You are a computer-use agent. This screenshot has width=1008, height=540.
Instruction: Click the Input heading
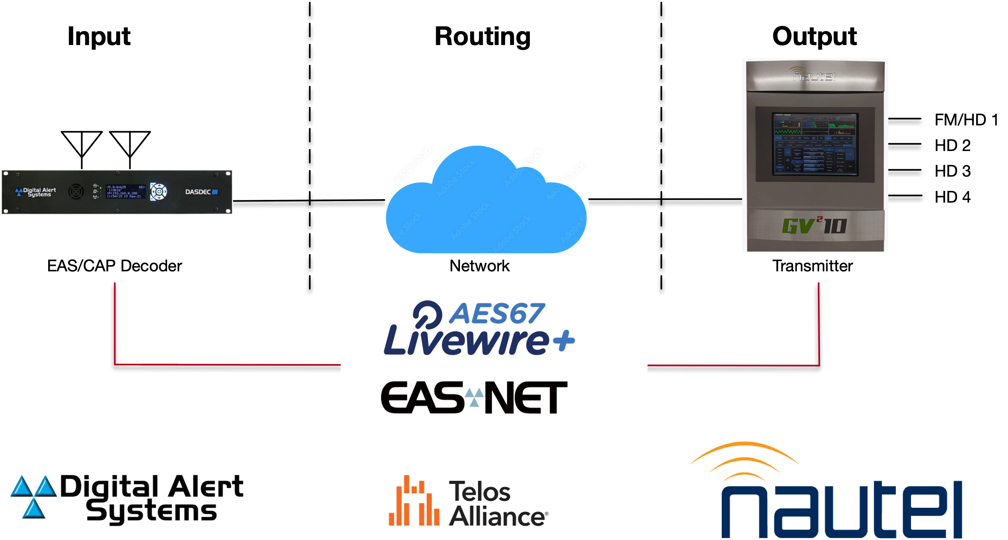pyautogui.click(x=99, y=36)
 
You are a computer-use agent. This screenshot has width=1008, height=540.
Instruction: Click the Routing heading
pyautogui.click(x=482, y=36)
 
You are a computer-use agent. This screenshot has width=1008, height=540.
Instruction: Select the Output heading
pyautogui.click(x=814, y=36)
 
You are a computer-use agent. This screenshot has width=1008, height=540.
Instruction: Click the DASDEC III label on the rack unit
pyautogui.click(x=201, y=192)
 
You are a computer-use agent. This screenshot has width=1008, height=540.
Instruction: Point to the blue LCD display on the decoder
pyautogui.click(x=125, y=192)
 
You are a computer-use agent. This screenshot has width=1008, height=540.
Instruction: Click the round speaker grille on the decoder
pyautogui.click(x=76, y=192)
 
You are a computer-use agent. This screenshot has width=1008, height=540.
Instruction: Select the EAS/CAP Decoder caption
pyautogui.click(x=114, y=266)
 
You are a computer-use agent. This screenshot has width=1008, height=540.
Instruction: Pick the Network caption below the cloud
pyautogui.click(x=479, y=266)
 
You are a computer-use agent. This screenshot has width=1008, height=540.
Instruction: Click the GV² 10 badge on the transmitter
pyautogui.click(x=814, y=226)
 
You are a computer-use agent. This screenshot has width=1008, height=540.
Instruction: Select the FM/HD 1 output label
pyautogui.click(x=966, y=120)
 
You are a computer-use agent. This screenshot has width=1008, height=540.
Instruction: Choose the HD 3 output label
pyautogui.click(x=952, y=171)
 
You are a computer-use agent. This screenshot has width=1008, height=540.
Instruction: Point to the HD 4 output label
pyautogui.click(x=952, y=197)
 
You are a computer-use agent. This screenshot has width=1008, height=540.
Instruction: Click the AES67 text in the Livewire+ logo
pyautogui.click(x=496, y=314)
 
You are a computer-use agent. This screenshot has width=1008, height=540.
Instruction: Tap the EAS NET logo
pyautogui.click(x=474, y=398)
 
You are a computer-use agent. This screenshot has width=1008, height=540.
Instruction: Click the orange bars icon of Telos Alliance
pyautogui.click(x=413, y=501)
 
